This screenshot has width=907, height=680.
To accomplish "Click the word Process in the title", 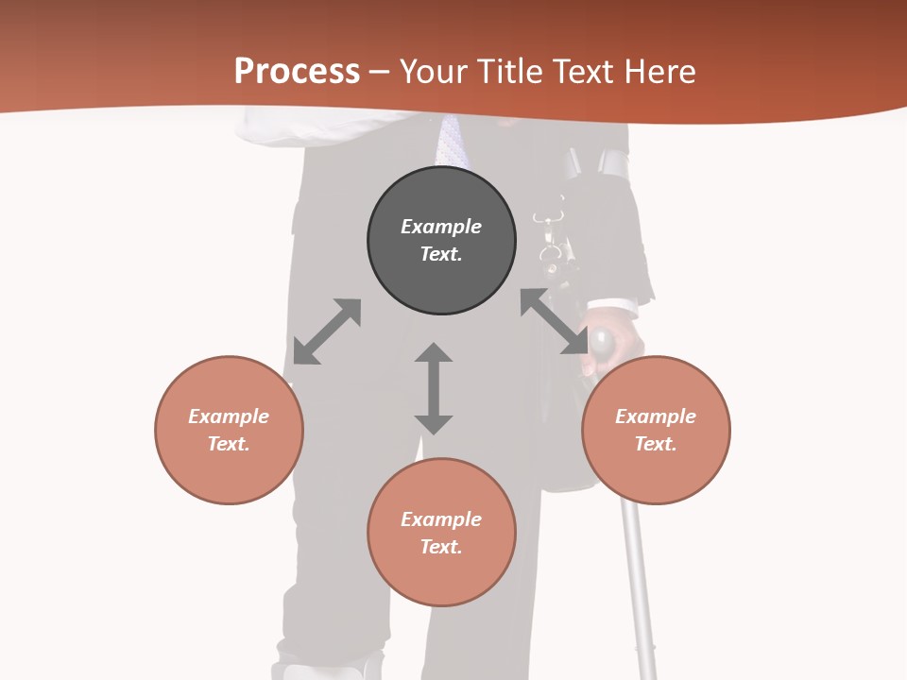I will (297, 72).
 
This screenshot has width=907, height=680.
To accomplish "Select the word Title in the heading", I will (507, 72).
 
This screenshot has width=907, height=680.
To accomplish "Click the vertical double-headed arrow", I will (434, 388).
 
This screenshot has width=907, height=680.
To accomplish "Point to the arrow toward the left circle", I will (327, 331).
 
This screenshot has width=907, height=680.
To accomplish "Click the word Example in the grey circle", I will (441, 227).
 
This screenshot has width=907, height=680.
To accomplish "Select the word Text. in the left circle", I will (229, 444).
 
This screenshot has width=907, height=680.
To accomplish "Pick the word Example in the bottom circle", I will (441, 519).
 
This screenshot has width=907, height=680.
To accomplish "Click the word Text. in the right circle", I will (656, 444).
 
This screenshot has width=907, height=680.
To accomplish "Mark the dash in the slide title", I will (380, 72).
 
